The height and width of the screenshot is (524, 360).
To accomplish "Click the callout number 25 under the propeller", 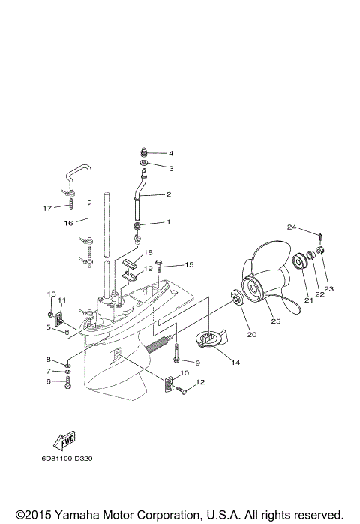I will click(275, 321).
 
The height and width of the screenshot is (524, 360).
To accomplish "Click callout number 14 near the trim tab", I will click(235, 363).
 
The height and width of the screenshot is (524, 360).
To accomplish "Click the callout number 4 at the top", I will click(170, 153).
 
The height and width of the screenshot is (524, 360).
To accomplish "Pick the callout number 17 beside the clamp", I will click(47, 208).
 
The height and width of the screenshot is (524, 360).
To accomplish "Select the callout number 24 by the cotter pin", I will click(292, 226).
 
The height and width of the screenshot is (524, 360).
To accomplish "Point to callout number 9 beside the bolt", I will click(197, 363).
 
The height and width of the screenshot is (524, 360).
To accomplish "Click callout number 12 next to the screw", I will click(200, 383).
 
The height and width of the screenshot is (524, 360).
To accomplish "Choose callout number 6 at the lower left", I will click(48, 381).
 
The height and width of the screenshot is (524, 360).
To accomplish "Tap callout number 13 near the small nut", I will click(52, 294).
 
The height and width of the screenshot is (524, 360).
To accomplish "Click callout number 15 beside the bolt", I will click(189, 264).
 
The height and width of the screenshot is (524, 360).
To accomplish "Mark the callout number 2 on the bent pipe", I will click(169, 194).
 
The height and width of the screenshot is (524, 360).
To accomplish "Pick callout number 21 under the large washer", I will click(307, 300).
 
